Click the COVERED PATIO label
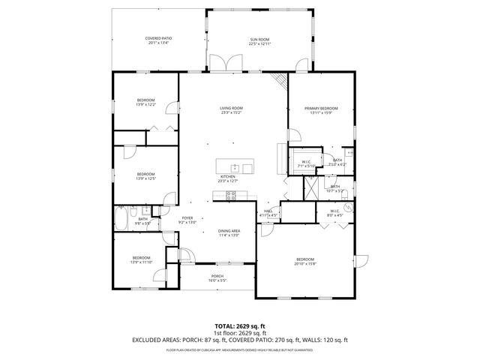[157, 38]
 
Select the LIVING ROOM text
[231, 108]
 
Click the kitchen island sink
[235, 167]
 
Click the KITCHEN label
[227, 176]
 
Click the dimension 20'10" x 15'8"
[305, 262]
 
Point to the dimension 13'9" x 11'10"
[142, 262]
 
